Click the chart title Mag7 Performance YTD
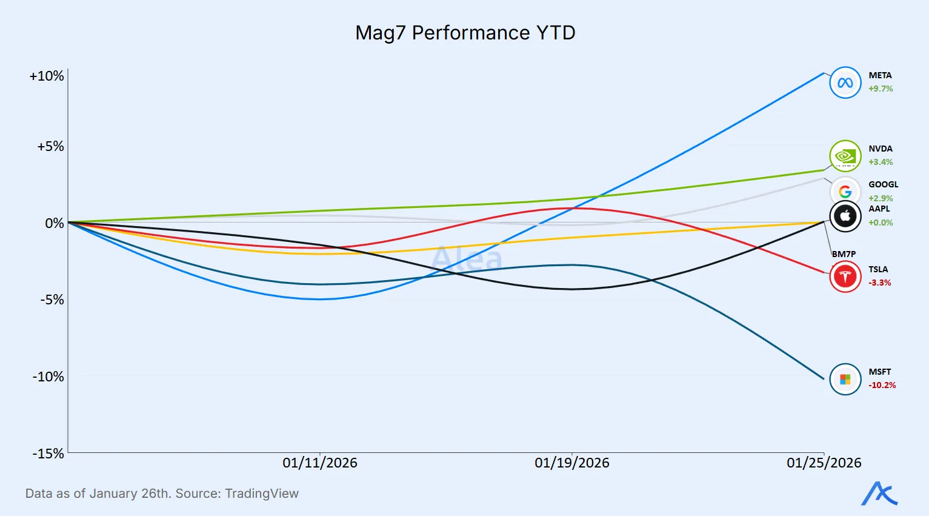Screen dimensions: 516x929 465,33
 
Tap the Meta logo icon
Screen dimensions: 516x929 845,82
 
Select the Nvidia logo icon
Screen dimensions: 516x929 845,156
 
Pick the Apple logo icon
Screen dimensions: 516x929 845,216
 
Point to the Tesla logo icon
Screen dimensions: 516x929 845,276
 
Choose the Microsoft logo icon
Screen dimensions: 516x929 845,379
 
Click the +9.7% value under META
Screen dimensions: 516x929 881,89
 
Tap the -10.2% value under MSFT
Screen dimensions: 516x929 882,385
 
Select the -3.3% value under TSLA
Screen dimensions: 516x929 879,283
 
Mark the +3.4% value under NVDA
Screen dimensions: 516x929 881,162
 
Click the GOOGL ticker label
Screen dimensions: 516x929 883,184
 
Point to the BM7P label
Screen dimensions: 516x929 844,254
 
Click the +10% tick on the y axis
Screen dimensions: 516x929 47,76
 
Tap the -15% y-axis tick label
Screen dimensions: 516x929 48,454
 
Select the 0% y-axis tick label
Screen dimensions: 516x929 54,223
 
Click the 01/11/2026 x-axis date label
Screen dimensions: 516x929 320,463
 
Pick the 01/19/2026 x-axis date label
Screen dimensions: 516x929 571,463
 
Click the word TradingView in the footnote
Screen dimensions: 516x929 262,494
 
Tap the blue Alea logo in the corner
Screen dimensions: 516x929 879,494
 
